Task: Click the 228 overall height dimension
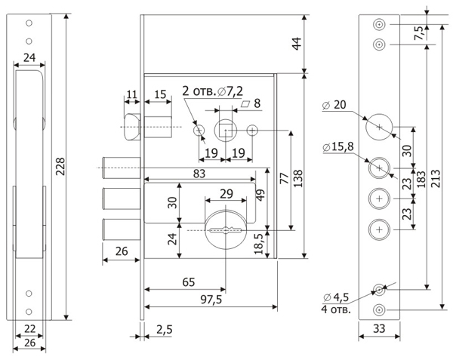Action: [x=60, y=166]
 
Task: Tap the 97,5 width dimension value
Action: [x=211, y=300]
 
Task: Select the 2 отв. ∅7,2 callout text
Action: [x=213, y=91]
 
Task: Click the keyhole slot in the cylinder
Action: [x=226, y=230]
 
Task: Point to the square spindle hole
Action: [x=226, y=131]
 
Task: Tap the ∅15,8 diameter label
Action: [x=338, y=146]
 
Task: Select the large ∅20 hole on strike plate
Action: [x=379, y=127]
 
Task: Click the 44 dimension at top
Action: [x=297, y=44]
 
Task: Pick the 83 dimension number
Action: [x=199, y=174]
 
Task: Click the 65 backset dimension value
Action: [x=189, y=282]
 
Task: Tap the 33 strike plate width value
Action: [x=379, y=328]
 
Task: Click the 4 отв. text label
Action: [x=336, y=309]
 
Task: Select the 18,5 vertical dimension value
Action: [x=258, y=244]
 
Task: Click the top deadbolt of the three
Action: [x=121, y=168]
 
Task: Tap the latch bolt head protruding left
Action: [x=132, y=127]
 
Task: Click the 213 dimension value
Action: [x=436, y=178]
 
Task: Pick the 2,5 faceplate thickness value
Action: [x=165, y=329]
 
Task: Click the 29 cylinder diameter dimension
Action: [x=226, y=194]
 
